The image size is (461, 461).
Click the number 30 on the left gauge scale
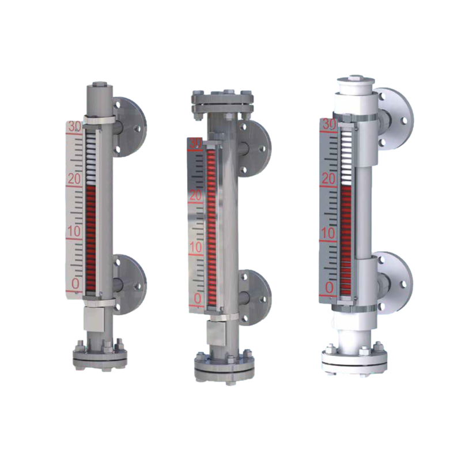tap(74, 126)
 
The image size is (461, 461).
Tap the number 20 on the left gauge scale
tap(74, 179)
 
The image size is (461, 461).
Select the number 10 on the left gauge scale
tap(74, 232)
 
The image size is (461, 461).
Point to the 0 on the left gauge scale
tap(75, 284)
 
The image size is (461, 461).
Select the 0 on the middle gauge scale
tap(198, 298)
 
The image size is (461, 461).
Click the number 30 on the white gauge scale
tap(329, 124)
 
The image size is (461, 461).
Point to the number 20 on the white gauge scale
tap(328, 179)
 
